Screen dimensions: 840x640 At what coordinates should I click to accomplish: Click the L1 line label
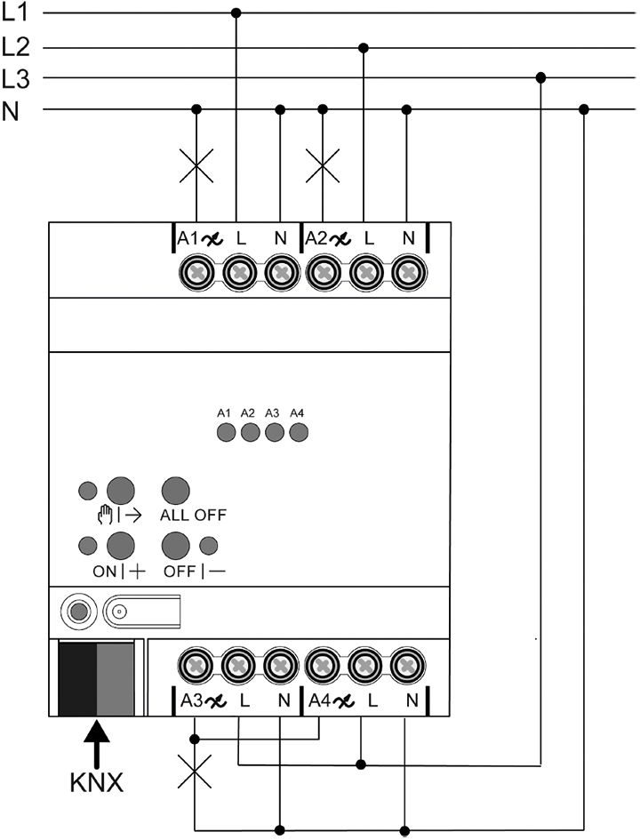(x=16, y=13)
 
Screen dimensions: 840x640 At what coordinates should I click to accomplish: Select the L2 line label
(x=16, y=46)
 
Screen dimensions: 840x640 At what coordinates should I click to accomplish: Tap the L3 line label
(x=16, y=78)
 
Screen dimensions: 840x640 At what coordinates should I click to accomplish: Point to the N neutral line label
(x=11, y=110)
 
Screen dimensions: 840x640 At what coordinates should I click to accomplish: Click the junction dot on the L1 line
(x=236, y=13)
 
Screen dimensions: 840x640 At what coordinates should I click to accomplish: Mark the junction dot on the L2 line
(x=363, y=47)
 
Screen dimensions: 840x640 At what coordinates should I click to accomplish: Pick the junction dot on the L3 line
(x=540, y=78)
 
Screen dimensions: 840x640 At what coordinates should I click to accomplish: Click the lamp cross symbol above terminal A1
(x=196, y=165)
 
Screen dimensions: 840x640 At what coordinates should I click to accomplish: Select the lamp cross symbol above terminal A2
(x=323, y=165)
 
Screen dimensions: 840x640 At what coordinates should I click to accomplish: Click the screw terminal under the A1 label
(x=195, y=272)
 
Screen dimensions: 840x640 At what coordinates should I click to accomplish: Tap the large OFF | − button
(x=175, y=545)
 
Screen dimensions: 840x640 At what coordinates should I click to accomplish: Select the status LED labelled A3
(x=274, y=433)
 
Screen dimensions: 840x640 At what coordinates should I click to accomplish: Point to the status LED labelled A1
(x=225, y=433)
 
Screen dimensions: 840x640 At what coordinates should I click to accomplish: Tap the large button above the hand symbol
(x=120, y=490)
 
